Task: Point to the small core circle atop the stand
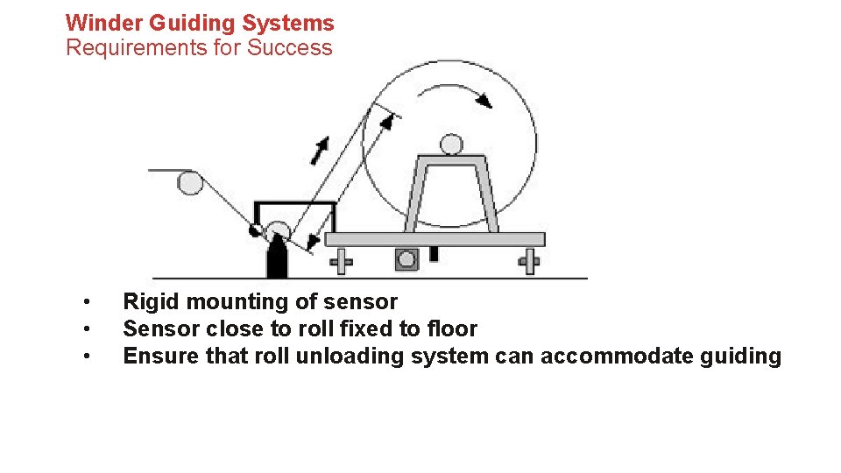point(451,144)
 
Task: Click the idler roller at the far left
point(189,182)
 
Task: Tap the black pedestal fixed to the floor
point(278,259)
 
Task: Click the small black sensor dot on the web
point(256,231)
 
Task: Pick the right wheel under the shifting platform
point(529,261)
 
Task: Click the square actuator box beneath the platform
point(406,260)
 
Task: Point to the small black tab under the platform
point(433,254)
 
